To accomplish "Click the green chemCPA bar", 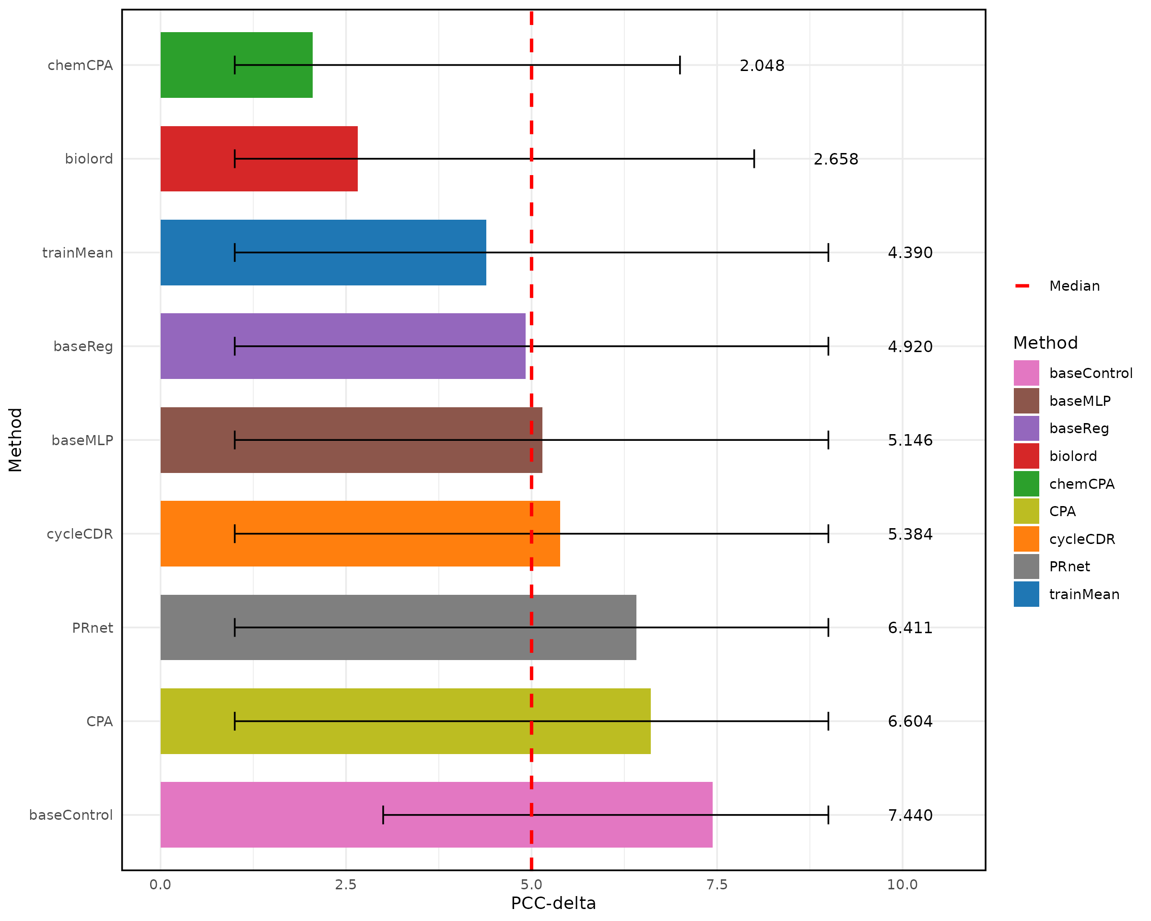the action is [x=236, y=65].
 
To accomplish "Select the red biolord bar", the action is [x=259, y=159].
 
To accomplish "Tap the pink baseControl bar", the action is [x=436, y=815].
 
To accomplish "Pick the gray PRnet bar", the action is [x=398, y=627].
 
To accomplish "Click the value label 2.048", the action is [x=762, y=66].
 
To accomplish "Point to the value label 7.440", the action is [x=910, y=815].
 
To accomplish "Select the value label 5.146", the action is [x=910, y=440].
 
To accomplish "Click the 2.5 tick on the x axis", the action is [x=345, y=885].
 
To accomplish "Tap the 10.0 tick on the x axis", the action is [x=902, y=885].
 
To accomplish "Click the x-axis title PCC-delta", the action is [x=553, y=903].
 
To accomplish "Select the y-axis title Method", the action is [x=15, y=440].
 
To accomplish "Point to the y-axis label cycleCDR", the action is [x=80, y=534].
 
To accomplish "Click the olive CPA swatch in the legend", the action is [x=1026, y=511].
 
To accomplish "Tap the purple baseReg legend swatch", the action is [x=1026, y=428].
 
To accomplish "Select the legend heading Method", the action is [x=1045, y=343].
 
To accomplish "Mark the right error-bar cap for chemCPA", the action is [x=680, y=65].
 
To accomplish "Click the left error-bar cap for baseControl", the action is [x=383, y=815].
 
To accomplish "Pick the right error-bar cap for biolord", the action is [x=754, y=159].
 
